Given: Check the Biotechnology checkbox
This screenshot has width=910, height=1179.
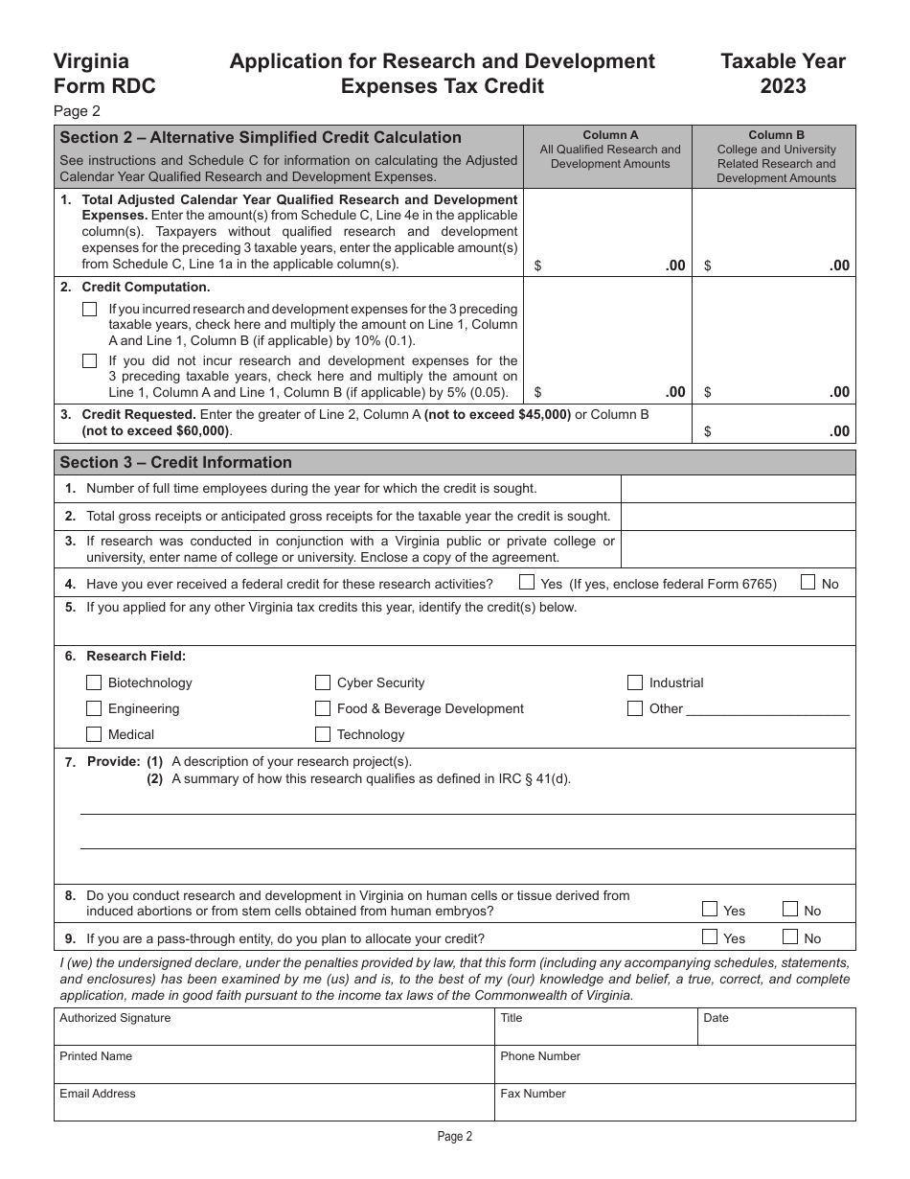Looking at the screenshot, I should [x=93, y=682].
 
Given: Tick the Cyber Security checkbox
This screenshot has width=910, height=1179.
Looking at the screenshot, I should [x=323, y=682].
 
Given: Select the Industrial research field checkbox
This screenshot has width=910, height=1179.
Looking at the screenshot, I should [x=634, y=682].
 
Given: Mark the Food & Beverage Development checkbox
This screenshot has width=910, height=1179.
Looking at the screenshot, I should [x=323, y=708].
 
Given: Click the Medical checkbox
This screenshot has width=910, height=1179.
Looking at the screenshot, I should [x=93, y=734].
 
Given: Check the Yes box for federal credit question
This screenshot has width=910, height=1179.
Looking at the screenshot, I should [x=527, y=582].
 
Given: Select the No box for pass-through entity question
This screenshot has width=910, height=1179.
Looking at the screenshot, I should [x=790, y=937].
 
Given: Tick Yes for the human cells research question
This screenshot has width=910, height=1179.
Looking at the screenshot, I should [x=710, y=910].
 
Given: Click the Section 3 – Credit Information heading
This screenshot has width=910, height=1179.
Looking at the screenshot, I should [x=176, y=462].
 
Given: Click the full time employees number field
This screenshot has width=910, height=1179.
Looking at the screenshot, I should [x=738, y=489].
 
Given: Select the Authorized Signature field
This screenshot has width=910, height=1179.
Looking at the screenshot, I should [x=274, y=1028].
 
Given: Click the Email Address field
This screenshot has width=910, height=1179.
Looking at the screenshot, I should [x=274, y=1103].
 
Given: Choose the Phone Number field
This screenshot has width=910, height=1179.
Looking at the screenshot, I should [x=674, y=1065].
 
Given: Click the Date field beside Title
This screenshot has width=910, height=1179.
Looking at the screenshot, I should [x=776, y=1028].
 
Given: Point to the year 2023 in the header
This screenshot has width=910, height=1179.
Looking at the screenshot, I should [x=783, y=86].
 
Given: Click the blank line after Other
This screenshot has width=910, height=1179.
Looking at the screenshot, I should [x=768, y=709].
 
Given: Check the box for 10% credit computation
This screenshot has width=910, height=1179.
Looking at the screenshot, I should [x=90, y=309].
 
